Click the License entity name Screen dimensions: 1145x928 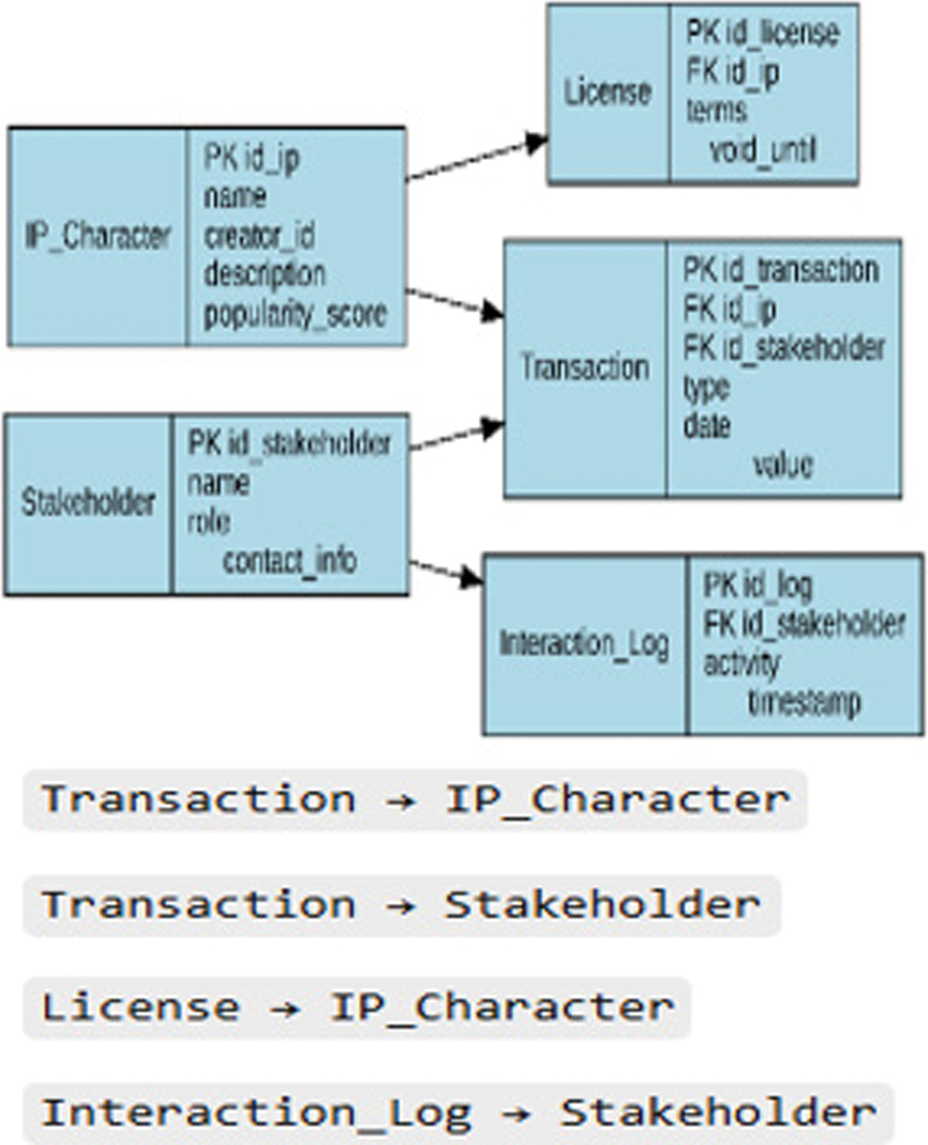607,93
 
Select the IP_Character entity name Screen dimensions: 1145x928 97,236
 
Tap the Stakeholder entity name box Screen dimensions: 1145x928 88,503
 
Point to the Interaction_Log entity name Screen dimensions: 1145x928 584,643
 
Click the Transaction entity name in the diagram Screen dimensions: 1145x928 584,367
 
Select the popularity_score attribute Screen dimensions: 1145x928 295,314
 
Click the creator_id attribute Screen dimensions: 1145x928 260,236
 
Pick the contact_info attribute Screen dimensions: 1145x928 290,561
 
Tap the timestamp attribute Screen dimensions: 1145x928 803,702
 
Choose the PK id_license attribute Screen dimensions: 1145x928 762,34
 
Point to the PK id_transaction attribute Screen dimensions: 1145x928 780,270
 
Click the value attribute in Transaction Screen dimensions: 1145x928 783,464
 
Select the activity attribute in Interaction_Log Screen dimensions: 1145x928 742,663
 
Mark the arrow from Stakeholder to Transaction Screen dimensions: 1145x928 454,435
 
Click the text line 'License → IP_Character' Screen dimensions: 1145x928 357,1008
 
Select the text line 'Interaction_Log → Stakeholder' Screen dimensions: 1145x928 458,1113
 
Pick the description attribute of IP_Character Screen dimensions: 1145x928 264,274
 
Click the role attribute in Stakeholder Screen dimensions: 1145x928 208,522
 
